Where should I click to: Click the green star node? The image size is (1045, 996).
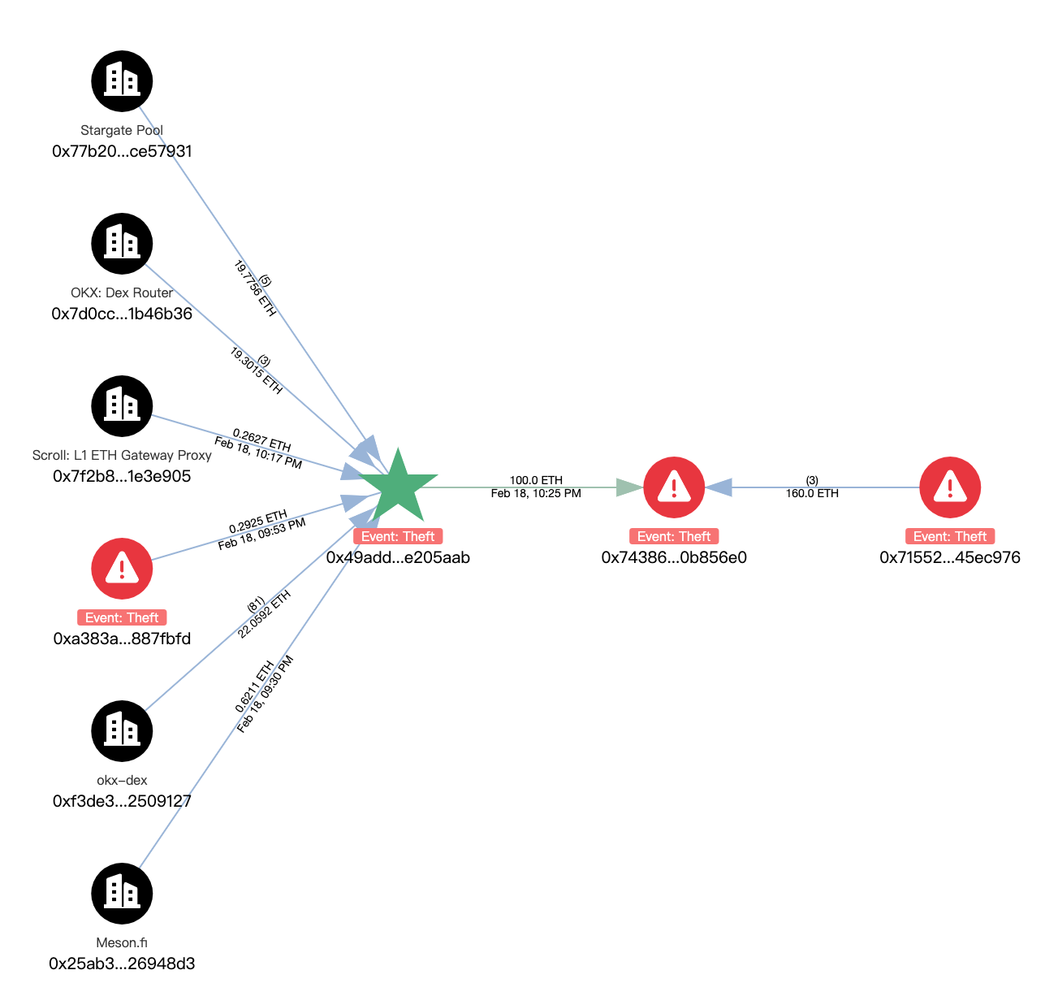click(x=398, y=487)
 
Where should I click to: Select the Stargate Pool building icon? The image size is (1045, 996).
click(x=122, y=81)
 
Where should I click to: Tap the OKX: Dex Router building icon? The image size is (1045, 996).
click(x=122, y=244)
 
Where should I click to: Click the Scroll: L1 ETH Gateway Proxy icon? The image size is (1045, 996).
click(x=122, y=406)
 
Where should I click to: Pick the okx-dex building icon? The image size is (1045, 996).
click(x=122, y=731)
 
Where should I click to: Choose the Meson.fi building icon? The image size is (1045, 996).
click(x=122, y=894)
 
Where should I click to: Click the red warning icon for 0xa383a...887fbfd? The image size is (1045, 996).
click(x=122, y=569)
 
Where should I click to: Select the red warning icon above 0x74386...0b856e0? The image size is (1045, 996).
click(x=674, y=487)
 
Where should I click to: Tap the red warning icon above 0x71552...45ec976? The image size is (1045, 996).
click(x=950, y=487)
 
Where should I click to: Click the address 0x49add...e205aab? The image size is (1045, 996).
click(x=398, y=557)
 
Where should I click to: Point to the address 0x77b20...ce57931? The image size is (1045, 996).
click(x=122, y=151)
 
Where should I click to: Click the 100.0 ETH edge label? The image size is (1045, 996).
click(x=536, y=480)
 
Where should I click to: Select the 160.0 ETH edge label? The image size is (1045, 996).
click(x=812, y=493)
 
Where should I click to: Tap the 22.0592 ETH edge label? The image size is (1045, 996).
click(x=265, y=615)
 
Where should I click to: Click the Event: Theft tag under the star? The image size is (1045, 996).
click(x=398, y=536)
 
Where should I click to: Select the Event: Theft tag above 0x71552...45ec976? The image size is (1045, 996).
click(x=950, y=536)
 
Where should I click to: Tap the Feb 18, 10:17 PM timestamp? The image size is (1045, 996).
click(x=258, y=453)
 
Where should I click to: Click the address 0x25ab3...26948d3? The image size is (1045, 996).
click(x=122, y=964)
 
